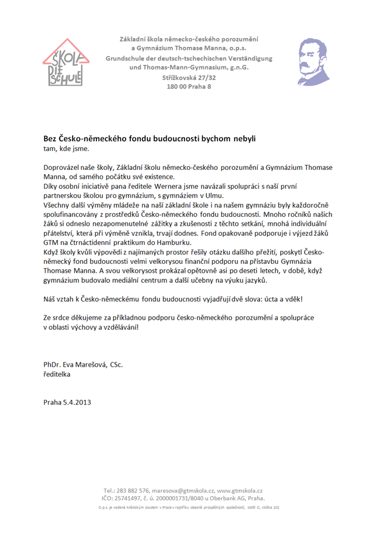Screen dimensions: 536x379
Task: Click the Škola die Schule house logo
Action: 65,63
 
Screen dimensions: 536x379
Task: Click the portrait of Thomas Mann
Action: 313,61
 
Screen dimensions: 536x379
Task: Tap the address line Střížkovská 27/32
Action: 189,78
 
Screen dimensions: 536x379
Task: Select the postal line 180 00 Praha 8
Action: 189,87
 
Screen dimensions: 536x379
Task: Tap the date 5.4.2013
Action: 77,402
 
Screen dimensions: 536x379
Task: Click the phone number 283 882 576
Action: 132,490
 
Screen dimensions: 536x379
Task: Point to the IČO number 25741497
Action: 135,499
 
